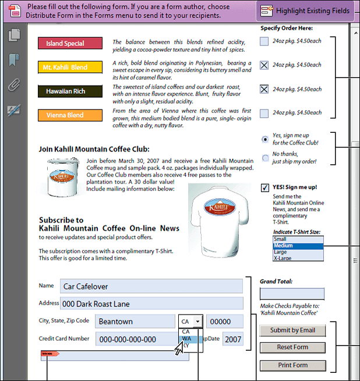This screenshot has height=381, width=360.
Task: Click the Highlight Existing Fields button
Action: coord(306,10)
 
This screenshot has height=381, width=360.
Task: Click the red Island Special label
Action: coord(69,43)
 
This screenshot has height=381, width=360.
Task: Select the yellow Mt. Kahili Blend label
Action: coord(69,67)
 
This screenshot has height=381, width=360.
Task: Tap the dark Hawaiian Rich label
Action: coord(69,91)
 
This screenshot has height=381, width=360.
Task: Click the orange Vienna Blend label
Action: coord(69,115)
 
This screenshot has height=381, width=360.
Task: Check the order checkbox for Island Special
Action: coord(264,41)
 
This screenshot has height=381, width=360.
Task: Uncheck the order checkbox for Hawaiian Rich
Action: coord(264,89)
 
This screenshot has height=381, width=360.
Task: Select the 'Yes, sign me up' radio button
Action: coord(266,139)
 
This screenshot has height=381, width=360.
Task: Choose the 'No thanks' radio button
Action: coord(266,157)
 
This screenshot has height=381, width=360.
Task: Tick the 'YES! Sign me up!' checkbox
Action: coord(265,187)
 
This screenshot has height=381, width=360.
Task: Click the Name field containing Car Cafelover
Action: coord(151,286)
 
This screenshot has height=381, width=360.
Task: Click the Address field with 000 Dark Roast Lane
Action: coord(151,304)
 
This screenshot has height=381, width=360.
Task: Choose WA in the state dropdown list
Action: coord(186,338)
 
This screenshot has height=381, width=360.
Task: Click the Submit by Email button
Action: coord(292,330)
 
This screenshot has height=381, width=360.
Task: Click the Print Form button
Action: coord(292,365)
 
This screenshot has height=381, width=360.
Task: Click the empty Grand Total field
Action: coord(292,294)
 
